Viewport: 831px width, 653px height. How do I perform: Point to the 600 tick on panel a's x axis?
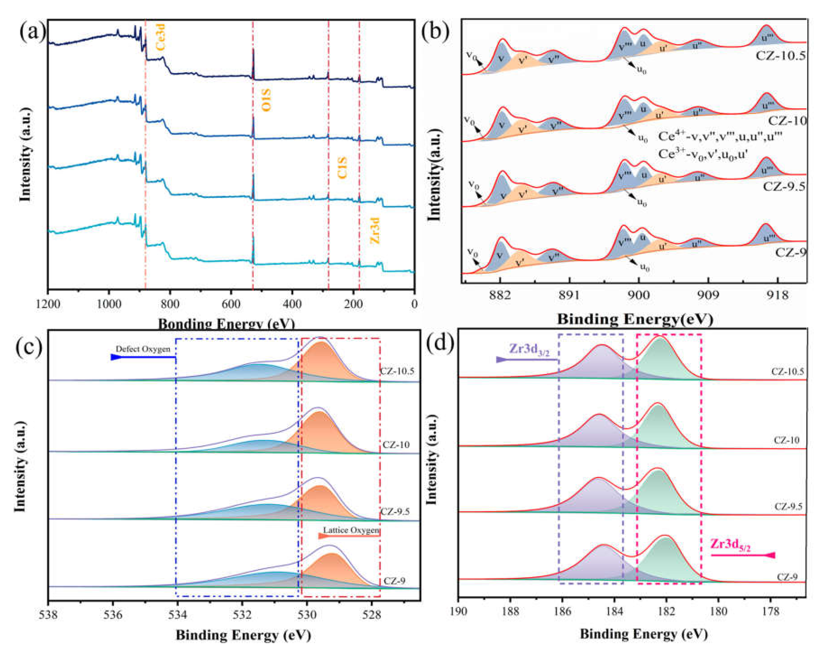pyautogui.click(x=231, y=304)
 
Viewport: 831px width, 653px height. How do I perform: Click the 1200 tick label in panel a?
pyautogui.click(x=48, y=304)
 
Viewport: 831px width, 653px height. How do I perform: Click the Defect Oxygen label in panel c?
pyautogui.click(x=143, y=349)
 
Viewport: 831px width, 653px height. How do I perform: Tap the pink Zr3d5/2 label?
pyautogui.click(x=730, y=544)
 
